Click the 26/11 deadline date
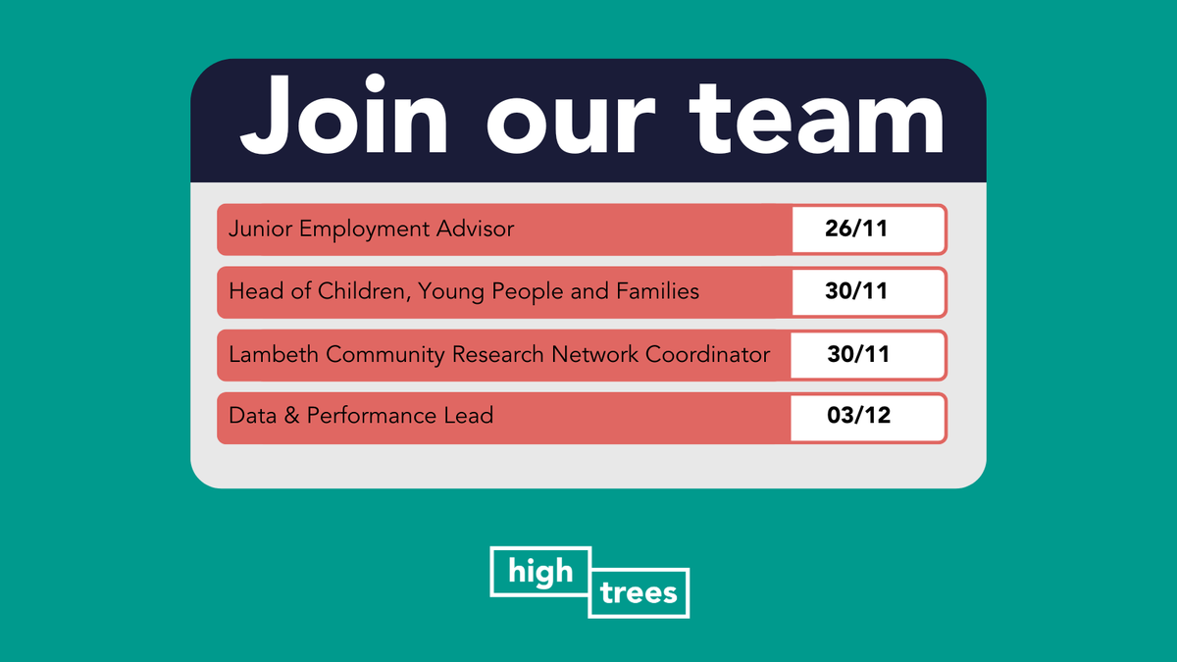tap(855, 229)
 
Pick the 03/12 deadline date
tap(855, 416)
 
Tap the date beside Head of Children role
tap(855, 291)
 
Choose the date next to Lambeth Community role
tap(855, 354)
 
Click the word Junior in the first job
tap(260, 229)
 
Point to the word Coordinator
tap(707, 354)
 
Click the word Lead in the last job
tap(472, 416)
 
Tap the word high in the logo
tap(540, 571)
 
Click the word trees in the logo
tap(639, 593)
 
